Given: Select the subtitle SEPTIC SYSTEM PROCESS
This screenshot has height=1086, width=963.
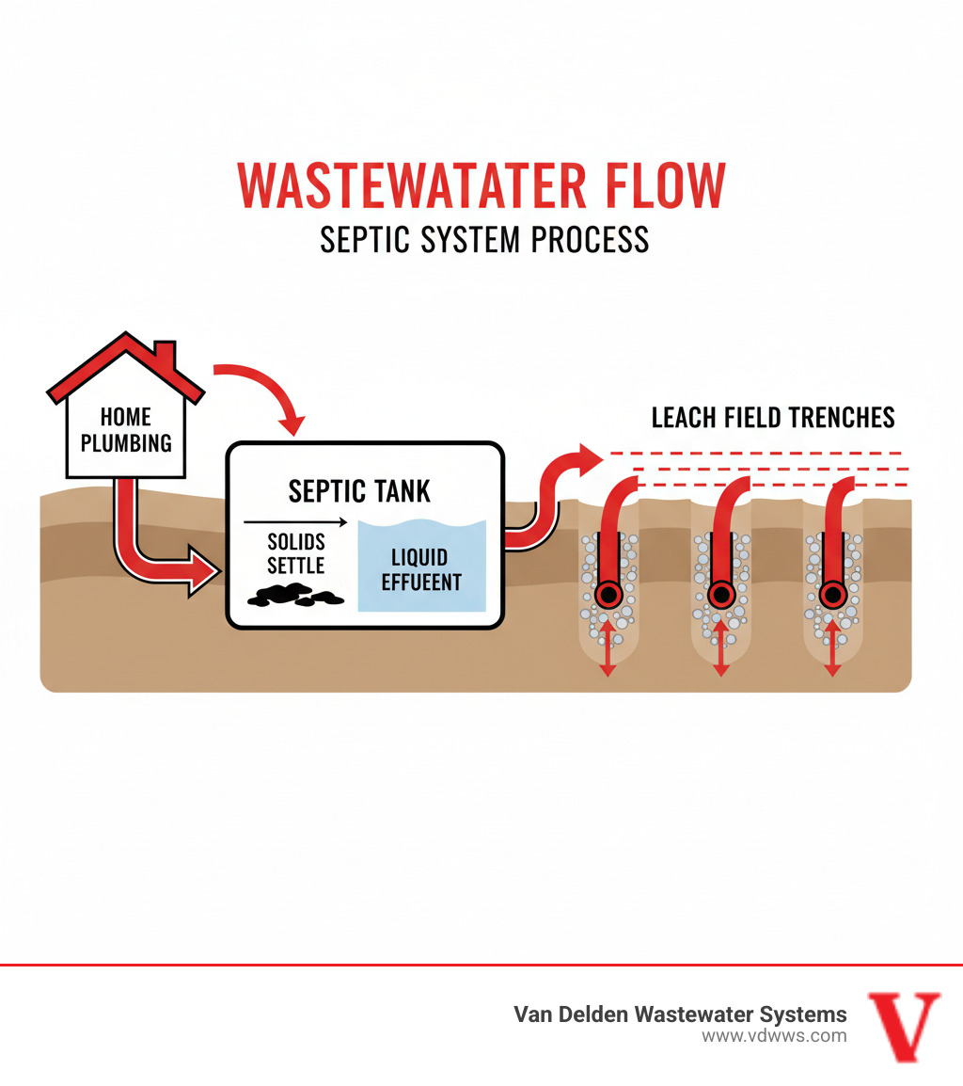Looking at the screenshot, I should [x=483, y=239].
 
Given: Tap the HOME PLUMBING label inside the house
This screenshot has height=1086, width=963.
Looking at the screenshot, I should [x=126, y=429].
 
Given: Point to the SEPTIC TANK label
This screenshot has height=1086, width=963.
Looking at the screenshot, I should [x=359, y=490].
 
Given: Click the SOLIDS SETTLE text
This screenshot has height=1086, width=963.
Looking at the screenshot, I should [x=295, y=554].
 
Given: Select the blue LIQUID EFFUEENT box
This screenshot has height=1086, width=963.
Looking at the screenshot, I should [x=421, y=568].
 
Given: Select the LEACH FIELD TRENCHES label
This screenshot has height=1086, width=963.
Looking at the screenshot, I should [x=772, y=418].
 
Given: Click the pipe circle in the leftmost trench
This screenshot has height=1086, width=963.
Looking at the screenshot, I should [x=608, y=595].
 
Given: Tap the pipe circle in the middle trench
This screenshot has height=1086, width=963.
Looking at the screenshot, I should [x=720, y=595].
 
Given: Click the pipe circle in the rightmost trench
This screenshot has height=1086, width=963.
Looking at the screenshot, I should [x=831, y=595].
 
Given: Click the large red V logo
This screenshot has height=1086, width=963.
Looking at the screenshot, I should [x=903, y=1027].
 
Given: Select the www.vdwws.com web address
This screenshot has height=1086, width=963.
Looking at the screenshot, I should [x=773, y=1036].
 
